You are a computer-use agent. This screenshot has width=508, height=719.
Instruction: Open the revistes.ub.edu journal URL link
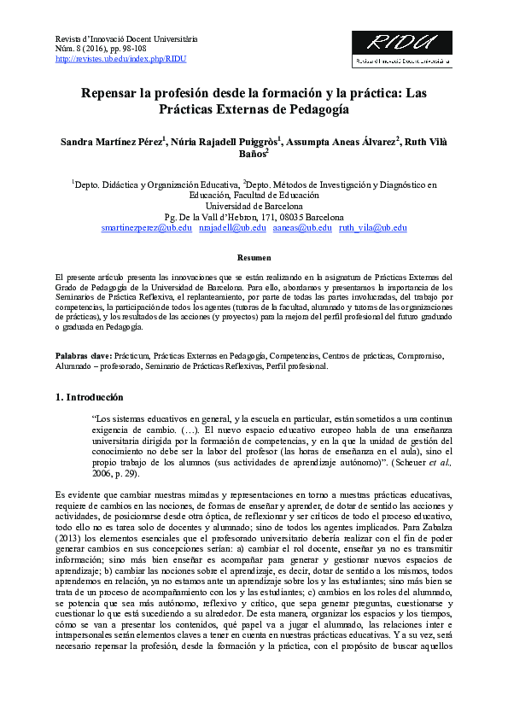120,60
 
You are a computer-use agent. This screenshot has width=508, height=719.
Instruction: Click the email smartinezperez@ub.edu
146,228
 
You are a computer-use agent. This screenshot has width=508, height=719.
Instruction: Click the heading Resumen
254,257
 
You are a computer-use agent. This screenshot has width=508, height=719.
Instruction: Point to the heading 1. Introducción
89,397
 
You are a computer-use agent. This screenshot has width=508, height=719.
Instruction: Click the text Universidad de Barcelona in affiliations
254,206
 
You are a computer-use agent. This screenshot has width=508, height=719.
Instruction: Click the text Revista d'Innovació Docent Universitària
126,39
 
